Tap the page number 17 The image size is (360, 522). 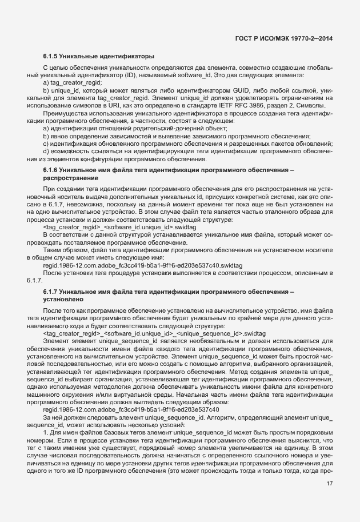point(330,484)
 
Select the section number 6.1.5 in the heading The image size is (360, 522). point(51,57)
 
